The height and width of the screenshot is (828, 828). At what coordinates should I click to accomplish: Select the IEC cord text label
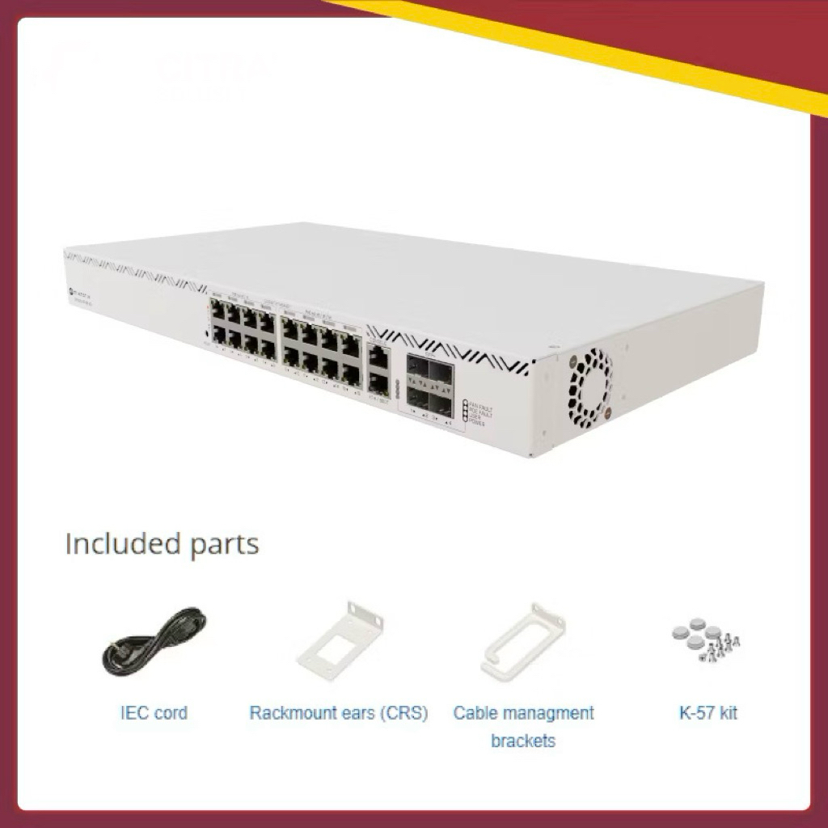pos(154,713)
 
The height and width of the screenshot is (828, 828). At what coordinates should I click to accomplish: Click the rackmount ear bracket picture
pos(340,639)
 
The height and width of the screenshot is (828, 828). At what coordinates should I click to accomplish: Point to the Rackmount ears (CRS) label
pos(339,713)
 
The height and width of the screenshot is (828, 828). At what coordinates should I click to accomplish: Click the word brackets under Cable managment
pos(523,741)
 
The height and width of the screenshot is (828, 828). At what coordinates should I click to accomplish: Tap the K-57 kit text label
pos(708,713)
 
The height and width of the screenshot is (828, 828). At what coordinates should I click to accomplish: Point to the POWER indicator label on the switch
pos(476,422)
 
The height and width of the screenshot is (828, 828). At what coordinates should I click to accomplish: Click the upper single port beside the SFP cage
pos(377,354)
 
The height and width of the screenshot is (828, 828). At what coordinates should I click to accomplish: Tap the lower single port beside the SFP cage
pos(377,378)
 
